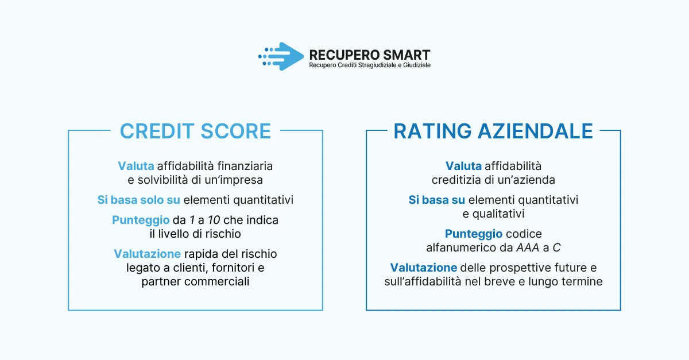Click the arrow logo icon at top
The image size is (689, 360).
(281, 56)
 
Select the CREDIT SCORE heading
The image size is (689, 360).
(195, 131)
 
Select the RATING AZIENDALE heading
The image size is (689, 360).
(493, 131)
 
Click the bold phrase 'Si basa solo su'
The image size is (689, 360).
(138, 200)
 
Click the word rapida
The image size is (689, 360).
(200, 254)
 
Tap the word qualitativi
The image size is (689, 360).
(493, 214)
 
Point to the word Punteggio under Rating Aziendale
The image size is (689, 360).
(474, 234)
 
